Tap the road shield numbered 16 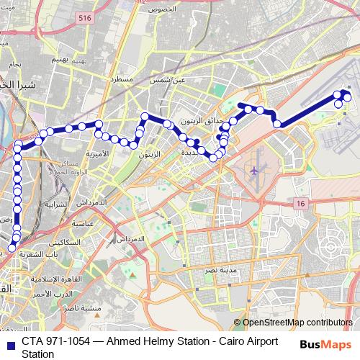pyautogui.click(x=300, y=205)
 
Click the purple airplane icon pyautogui.click(x=254, y=171)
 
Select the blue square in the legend pyautogui.click(x=10, y=342)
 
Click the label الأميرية pyautogui.click(x=96, y=153)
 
